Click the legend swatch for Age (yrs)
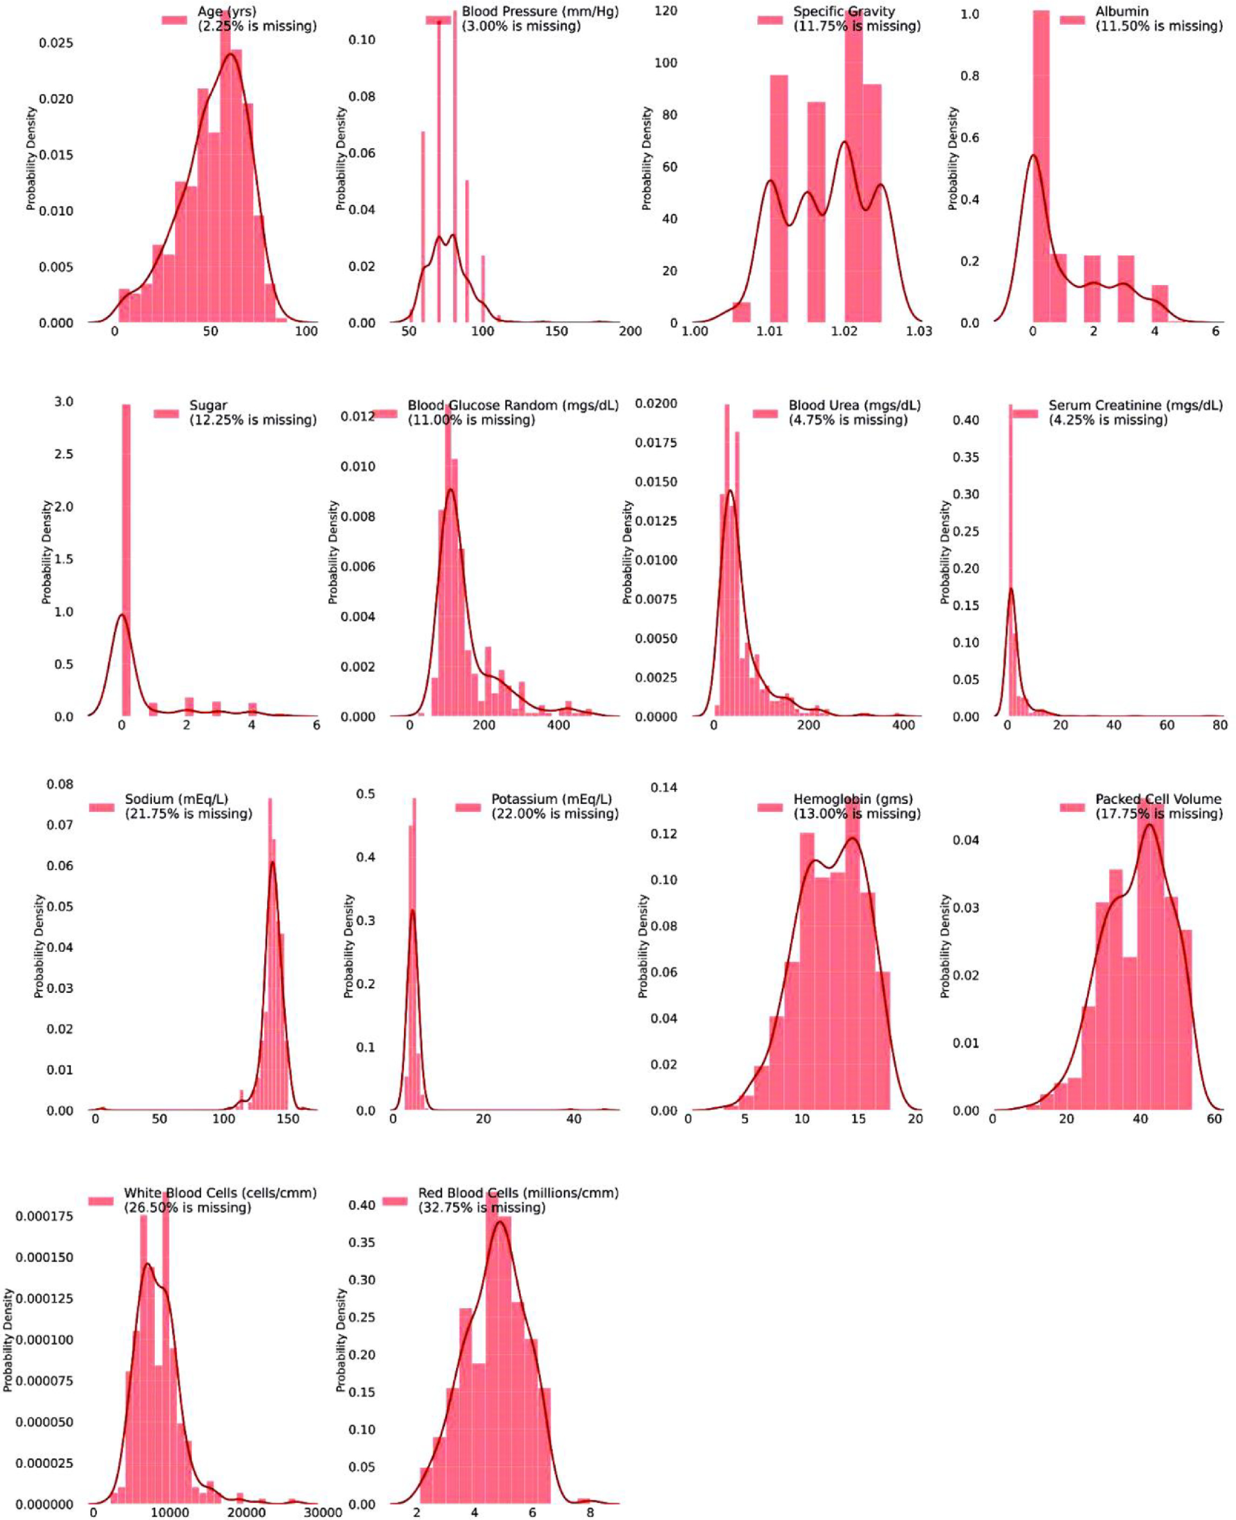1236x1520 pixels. pyautogui.click(x=174, y=19)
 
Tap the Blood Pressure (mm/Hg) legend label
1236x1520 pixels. pyautogui.click(x=540, y=11)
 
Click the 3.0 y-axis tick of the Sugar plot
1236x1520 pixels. pyautogui.click(x=64, y=402)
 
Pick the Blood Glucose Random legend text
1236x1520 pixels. pyautogui.click(x=513, y=405)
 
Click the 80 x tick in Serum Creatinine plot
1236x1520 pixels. pyautogui.click(x=1219, y=725)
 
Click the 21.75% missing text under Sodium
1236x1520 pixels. pyautogui.click(x=189, y=813)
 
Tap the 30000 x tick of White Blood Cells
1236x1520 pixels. pyautogui.click(x=323, y=1513)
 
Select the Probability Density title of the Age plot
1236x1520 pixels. pyautogui.click(x=31, y=158)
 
